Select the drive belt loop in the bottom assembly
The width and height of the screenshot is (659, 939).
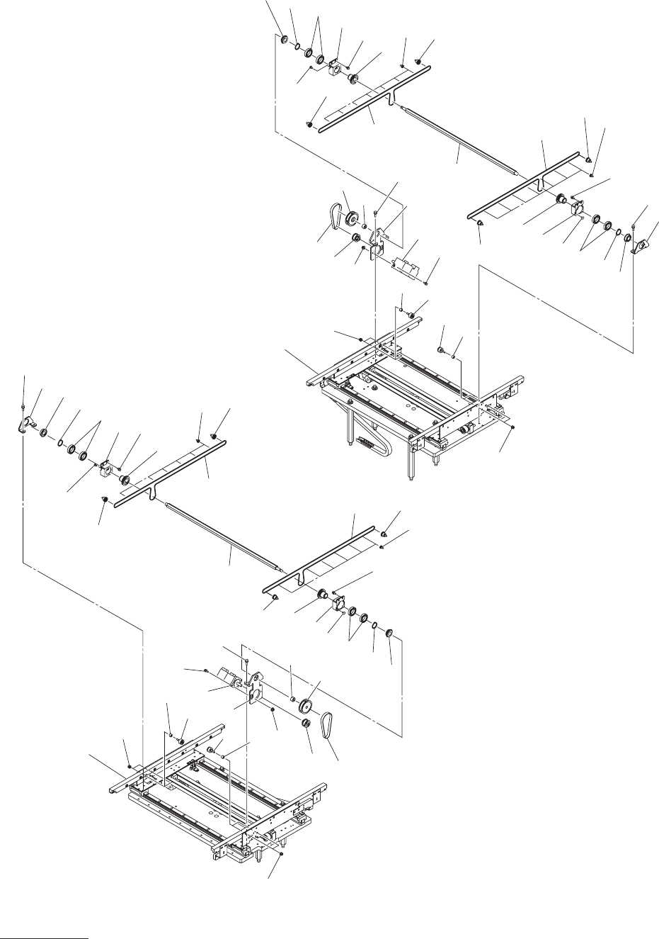coord(328,724)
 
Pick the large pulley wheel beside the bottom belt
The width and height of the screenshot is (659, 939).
coord(308,707)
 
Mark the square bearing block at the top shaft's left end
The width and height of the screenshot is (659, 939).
coord(335,69)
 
